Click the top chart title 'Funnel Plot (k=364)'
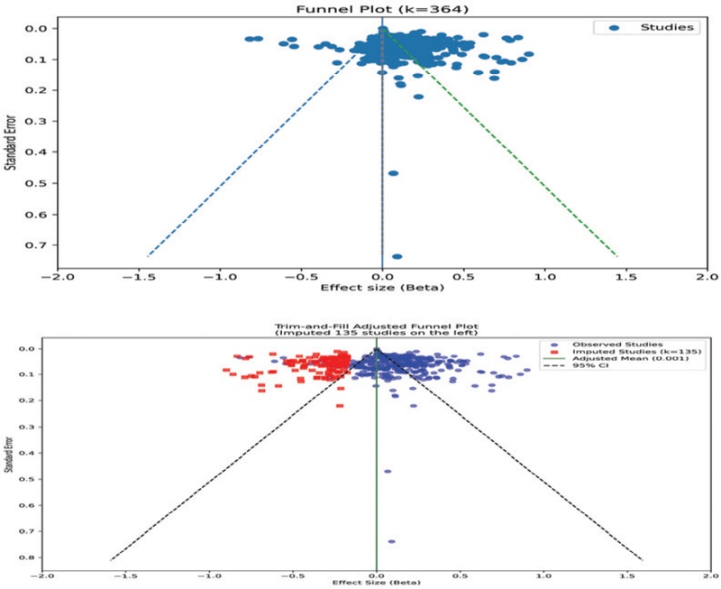pyautogui.click(x=382, y=9)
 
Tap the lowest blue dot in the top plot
pyautogui.click(x=397, y=257)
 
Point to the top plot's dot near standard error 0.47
pyautogui.click(x=393, y=173)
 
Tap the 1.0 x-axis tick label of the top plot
pyautogui.click(x=544, y=277)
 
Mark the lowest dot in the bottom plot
pyautogui.click(x=391, y=542)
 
